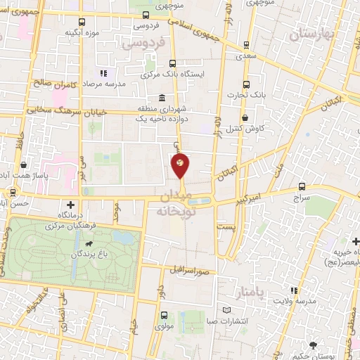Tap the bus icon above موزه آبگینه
83,22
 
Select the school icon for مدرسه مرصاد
103,73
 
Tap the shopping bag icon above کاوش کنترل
245,118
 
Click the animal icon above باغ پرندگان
87,245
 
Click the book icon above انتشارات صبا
226,309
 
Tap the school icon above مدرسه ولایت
294,290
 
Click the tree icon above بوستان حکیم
312,345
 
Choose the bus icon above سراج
302,186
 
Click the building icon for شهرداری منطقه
162,98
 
